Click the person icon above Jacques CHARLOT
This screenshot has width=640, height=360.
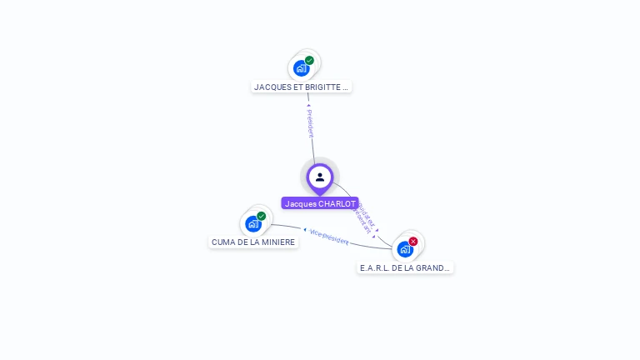320,177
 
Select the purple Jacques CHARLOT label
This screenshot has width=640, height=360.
320,203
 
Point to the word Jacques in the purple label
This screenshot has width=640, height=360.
300,203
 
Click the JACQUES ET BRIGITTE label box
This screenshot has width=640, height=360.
302,87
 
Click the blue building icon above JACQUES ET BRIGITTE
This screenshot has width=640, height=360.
301,68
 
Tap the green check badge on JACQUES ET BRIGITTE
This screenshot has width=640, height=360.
309,60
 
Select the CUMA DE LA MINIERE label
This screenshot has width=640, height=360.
253,242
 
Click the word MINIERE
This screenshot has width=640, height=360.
278,242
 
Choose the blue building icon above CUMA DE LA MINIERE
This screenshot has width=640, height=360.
252,223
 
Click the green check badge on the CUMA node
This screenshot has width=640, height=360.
261,216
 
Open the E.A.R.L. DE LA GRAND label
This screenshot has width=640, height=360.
405,268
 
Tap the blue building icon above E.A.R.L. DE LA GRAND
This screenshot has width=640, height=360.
404,248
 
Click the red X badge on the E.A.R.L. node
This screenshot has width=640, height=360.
413,241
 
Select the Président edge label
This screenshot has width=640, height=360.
310,122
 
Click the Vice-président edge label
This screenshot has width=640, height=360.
329,236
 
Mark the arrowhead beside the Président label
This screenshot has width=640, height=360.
308,105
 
